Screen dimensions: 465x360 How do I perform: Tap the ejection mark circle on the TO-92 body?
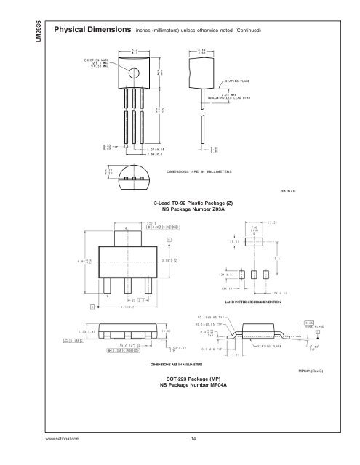pyautogui.click(x=135, y=73)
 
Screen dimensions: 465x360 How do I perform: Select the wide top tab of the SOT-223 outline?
pyautogui.click(x=129, y=238)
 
